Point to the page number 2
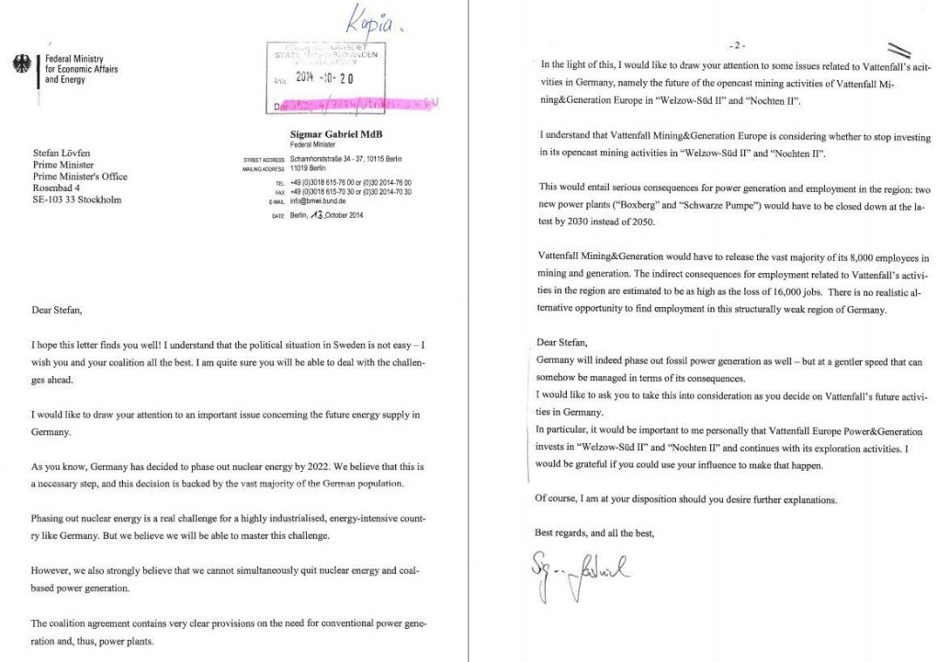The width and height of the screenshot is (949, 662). click(x=738, y=45)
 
